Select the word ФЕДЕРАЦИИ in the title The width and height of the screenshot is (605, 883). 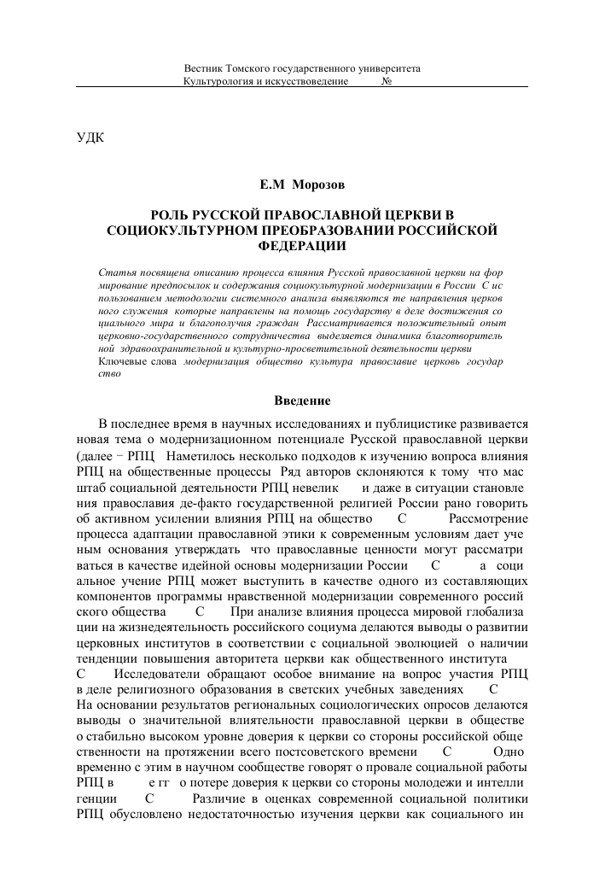click(302, 245)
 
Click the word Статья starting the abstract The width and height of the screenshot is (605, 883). click(117, 272)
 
